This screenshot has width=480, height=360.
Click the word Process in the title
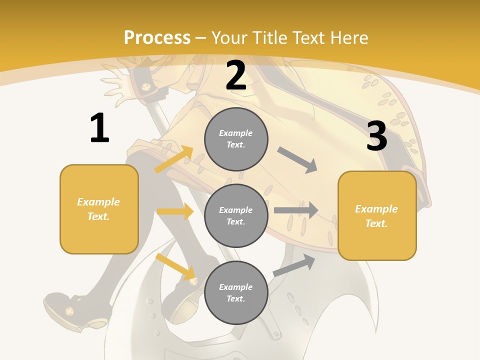[x=157, y=38]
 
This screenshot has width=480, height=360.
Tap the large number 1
[x=99, y=128]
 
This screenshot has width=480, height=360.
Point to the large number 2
[x=236, y=75]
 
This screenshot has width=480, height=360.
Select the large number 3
[x=376, y=136]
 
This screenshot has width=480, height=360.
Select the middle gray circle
[x=236, y=215]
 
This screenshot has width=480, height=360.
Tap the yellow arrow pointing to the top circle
[x=174, y=159]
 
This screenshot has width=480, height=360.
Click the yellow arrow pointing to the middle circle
[x=175, y=211]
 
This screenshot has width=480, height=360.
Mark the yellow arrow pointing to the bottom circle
[x=175, y=266]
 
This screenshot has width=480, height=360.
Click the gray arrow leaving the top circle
[x=297, y=159]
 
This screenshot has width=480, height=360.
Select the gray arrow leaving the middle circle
[x=296, y=210]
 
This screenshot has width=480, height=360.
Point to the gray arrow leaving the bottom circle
[x=294, y=265]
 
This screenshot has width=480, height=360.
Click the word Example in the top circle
[x=235, y=133]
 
